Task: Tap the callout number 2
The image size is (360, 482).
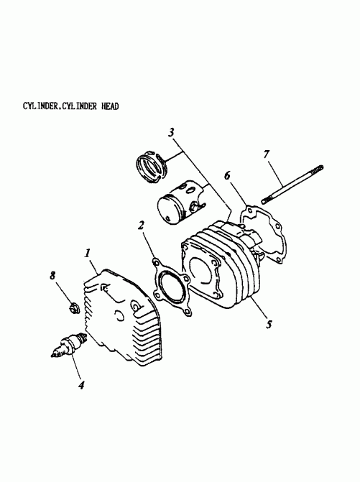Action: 142,226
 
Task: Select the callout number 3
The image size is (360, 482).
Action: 172,133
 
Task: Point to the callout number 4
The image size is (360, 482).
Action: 81,386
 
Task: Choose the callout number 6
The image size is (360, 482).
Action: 228,175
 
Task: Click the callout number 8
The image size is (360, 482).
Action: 52,275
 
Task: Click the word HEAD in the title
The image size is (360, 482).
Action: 107,106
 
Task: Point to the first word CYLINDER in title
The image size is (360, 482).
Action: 41,106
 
